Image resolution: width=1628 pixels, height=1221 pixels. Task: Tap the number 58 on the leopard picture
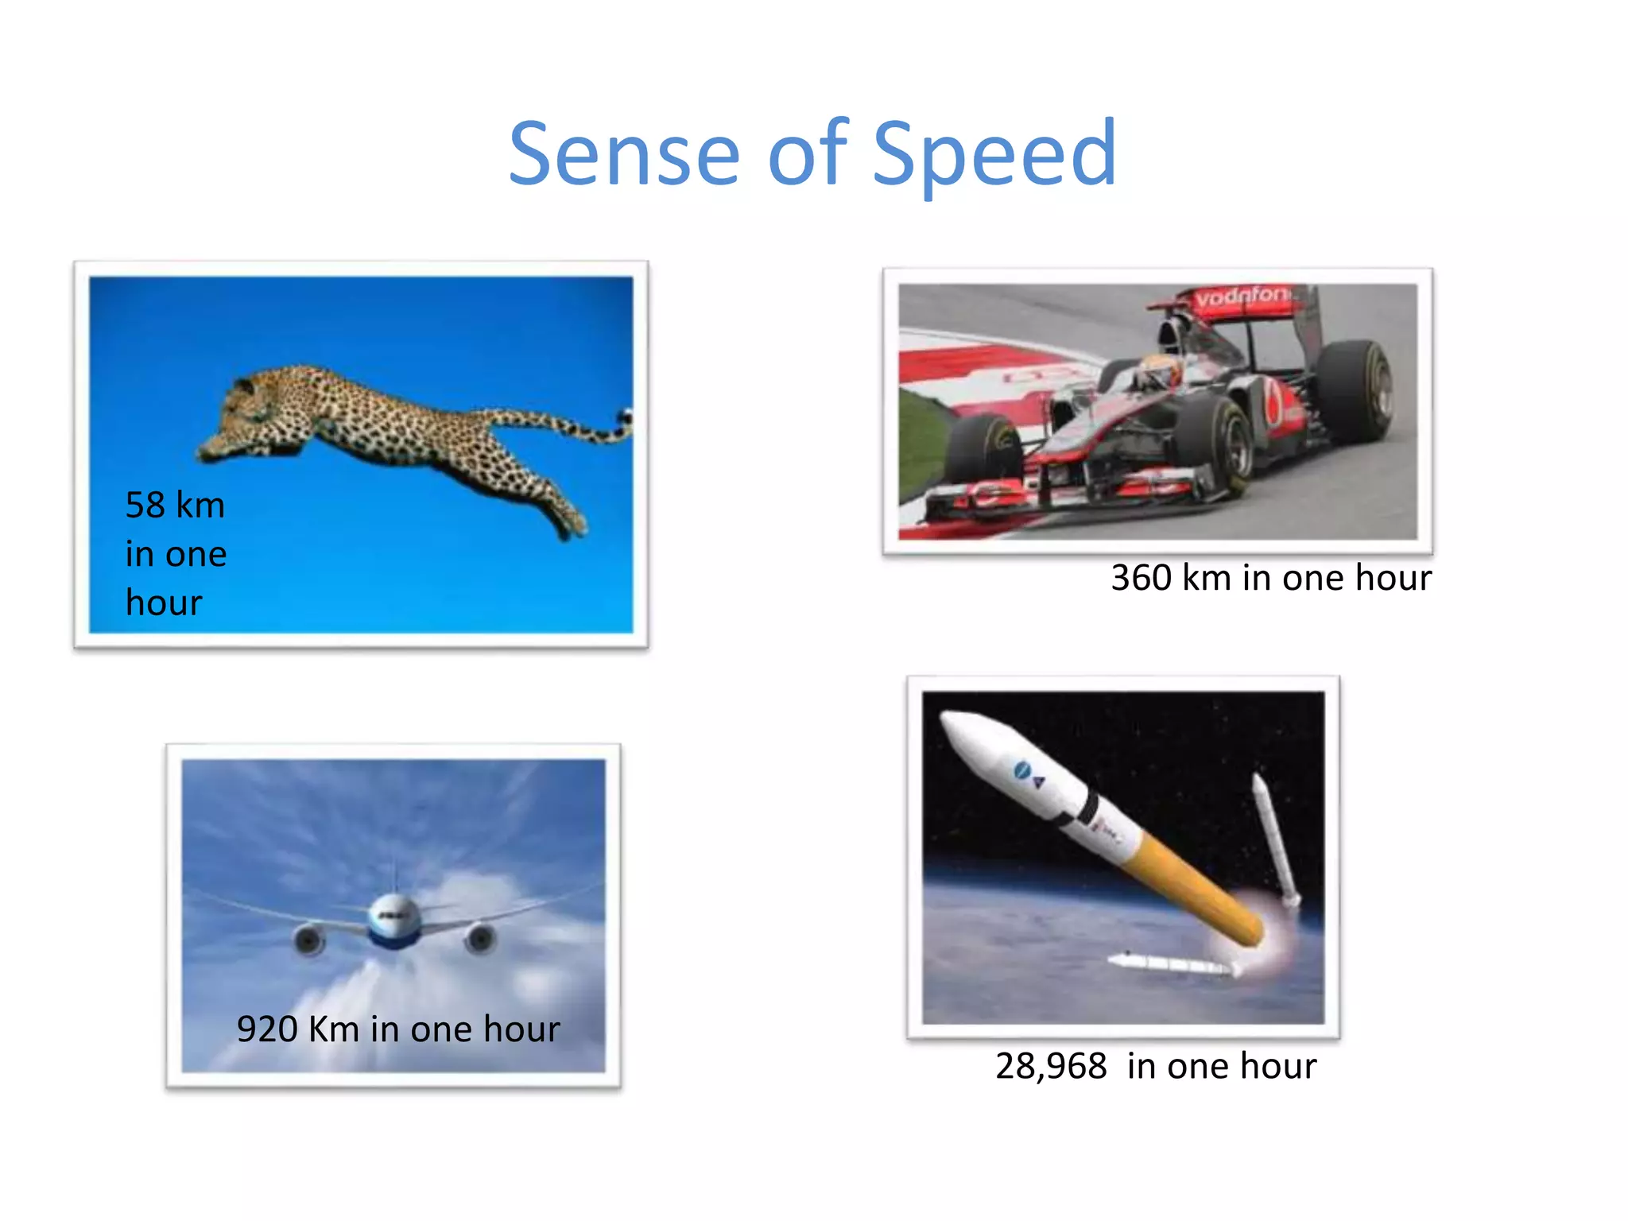(145, 506)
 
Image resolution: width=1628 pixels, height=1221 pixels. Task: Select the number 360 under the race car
(1141, 578)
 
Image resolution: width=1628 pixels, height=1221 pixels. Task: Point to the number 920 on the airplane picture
(267, 1029)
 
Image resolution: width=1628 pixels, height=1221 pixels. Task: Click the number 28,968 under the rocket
(1051, 1066)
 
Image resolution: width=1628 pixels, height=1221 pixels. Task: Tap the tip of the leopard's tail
(626, 417)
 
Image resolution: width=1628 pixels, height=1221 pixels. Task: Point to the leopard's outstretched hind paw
(571, 525)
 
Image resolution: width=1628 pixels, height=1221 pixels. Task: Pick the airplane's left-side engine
(309, 940)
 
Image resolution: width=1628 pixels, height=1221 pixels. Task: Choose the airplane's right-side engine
(480, 939)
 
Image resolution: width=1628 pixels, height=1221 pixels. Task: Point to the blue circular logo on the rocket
(1021, 769)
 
